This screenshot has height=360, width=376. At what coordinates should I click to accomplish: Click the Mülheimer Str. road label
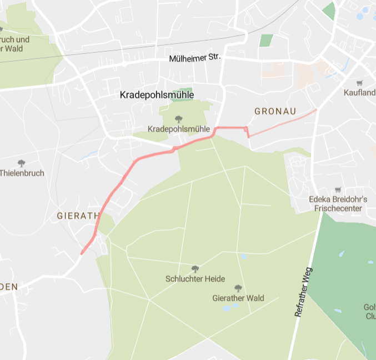click(x=195, y=57)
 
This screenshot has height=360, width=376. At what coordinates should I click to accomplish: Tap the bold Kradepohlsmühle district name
click(x=157, y=95)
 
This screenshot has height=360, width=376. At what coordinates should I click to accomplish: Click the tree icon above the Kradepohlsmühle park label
click(x=178, y=119)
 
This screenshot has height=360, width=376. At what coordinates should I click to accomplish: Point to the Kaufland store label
click(x=359, y=92)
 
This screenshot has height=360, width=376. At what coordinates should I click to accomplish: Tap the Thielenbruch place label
click(x=22, y=173)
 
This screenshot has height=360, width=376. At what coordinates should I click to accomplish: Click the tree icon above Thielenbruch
click(x=22, y=163)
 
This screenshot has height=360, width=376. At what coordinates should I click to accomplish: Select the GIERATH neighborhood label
click(x=78, y=216)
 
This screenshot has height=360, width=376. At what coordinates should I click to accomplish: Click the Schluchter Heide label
click(x=194, y=278)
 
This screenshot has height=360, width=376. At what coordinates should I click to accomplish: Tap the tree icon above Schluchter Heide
click(x=194, y=269)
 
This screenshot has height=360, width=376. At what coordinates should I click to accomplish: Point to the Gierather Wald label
click(x=238, y=298)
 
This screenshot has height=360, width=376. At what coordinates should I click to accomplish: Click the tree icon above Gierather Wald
click(x=238, y=288)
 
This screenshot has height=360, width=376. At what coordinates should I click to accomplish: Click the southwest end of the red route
click(x=82, y=253)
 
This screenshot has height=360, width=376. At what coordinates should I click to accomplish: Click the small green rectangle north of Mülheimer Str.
click(x=267, y=40)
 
